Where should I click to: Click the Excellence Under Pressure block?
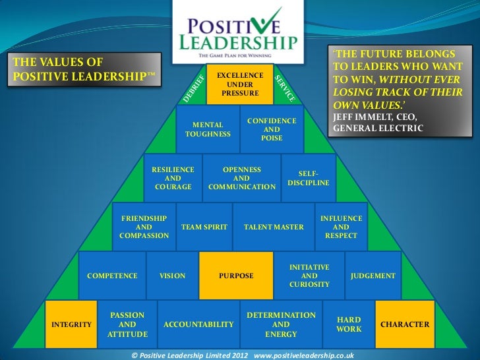240,85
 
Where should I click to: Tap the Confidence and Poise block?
272,129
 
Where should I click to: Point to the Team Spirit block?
204,227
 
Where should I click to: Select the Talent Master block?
274,227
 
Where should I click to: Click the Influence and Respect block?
341,227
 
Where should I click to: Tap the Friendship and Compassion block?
143,227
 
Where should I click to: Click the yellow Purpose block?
236,276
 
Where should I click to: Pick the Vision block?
173,276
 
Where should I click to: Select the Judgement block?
373,276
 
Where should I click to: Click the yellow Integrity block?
71,324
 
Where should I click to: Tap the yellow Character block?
405,324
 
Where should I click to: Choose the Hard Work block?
349,324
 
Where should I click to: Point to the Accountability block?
198,324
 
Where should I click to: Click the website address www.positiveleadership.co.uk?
304,354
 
